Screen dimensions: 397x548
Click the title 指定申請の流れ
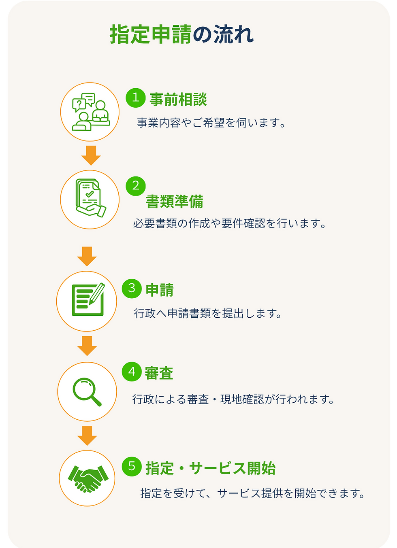tap(181, 34)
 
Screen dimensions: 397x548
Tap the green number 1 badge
tap(136, 98)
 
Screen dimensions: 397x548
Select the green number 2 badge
tap(136, 186)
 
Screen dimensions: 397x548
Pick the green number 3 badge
tap(132, 289)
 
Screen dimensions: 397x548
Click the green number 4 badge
tap(132, 372)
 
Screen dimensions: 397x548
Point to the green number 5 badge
tap(132, 466)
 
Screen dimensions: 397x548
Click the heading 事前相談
tap(178, 99)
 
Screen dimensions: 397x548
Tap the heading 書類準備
tap(174, 202)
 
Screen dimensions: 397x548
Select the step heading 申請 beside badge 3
tap(160, 290)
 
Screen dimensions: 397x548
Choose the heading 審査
tap(159, 373)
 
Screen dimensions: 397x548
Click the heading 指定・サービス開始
tap(211, 468)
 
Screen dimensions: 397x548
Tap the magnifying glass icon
tap(87, 392)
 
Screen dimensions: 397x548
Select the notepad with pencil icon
tap(88, 299)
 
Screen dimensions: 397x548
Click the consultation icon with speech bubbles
tap(91, 112)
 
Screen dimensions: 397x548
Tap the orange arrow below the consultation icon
tap(91, 155)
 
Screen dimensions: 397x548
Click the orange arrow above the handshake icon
tap(87, 436)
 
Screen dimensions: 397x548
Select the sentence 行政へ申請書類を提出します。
tap(208, 313)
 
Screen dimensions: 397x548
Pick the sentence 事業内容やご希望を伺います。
tap(211, 123)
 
